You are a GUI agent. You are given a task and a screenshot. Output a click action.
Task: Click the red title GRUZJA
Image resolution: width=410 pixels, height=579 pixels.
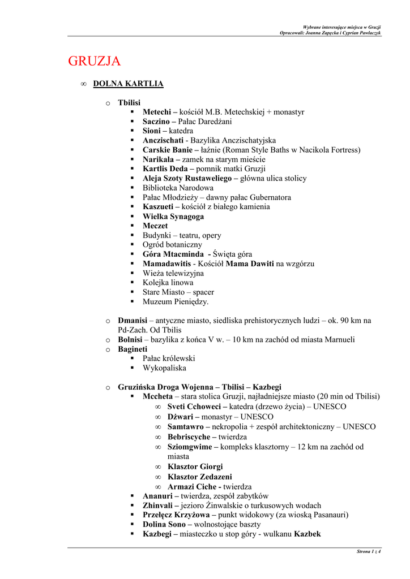94,61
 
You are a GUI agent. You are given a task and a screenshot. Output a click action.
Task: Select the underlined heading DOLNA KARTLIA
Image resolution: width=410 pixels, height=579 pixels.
128,84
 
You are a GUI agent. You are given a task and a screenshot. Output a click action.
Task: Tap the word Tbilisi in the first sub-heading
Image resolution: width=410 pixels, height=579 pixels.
129,103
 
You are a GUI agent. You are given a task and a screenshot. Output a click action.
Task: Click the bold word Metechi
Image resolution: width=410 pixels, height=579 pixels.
156,112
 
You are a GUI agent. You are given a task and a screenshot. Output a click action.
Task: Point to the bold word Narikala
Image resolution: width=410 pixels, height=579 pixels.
157,159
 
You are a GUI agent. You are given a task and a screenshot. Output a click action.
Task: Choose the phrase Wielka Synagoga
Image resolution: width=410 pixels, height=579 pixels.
173,217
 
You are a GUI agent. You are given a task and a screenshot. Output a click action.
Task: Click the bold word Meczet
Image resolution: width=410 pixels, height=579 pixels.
155,226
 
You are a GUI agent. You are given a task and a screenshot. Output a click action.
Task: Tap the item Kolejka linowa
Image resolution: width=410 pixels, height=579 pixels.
168,283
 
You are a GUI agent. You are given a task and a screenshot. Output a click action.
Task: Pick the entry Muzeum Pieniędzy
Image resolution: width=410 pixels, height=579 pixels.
176,302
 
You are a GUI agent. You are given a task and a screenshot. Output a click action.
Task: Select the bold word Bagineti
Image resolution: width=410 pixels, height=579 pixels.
133,349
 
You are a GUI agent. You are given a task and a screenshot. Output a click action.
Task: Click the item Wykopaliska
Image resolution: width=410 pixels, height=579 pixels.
164,368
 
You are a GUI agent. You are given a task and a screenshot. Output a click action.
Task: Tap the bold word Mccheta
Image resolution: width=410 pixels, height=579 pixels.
158,396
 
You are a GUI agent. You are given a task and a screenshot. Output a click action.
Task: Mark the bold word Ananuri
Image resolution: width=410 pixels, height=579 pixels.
157,496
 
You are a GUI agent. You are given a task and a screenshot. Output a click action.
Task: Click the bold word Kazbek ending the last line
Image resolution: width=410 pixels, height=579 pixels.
308,534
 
